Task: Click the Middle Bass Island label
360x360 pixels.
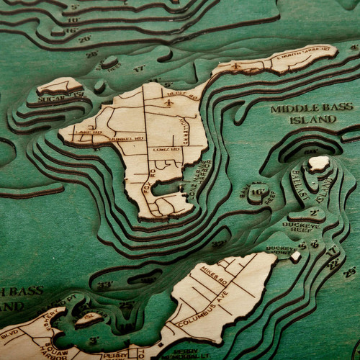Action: coord(312,113)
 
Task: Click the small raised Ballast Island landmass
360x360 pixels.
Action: coord(318,163)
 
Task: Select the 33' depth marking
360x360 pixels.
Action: coord(106,284)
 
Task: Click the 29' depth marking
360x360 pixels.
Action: coord(350,271)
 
